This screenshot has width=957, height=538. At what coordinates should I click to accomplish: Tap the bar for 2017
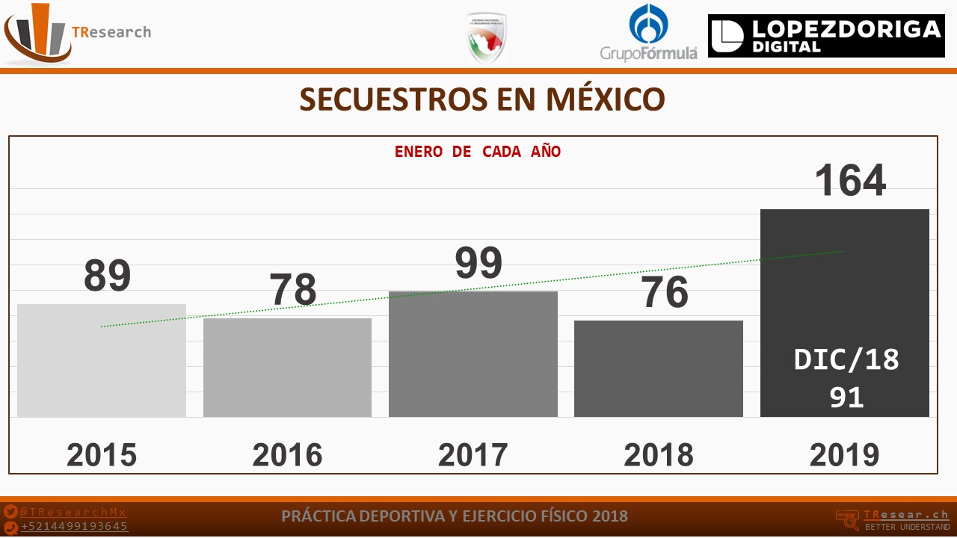coord(473,354)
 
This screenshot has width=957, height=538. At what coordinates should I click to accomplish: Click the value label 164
coord(850,180)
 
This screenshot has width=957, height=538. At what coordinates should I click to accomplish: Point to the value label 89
coord(107,275)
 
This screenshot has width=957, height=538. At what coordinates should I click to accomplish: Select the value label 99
coord(478,263)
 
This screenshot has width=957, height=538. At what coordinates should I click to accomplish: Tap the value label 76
coord(665,292)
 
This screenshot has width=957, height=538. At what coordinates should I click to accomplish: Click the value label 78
coord(293,290)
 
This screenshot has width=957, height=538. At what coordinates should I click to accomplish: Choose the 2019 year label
coord(844,455)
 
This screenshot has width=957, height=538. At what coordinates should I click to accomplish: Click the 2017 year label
coord(473,455)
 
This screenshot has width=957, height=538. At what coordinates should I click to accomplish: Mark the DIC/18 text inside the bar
coord(846,360)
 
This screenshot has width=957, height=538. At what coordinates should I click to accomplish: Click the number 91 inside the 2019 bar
coord(846,398)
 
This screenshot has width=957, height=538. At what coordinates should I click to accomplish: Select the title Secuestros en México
coord(482,99)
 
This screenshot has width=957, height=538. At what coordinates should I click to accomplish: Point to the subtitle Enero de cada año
coord(478,152)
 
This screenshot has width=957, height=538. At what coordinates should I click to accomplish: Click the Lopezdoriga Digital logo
coord(826,36)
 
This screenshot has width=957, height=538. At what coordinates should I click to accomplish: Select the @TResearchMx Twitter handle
coord(73,513)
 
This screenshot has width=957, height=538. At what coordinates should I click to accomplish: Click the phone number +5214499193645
coord(74,527)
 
